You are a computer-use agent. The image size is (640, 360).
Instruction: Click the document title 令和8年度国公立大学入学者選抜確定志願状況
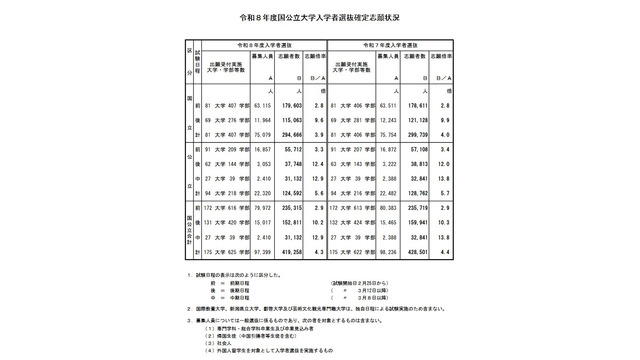tap(319, 19)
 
